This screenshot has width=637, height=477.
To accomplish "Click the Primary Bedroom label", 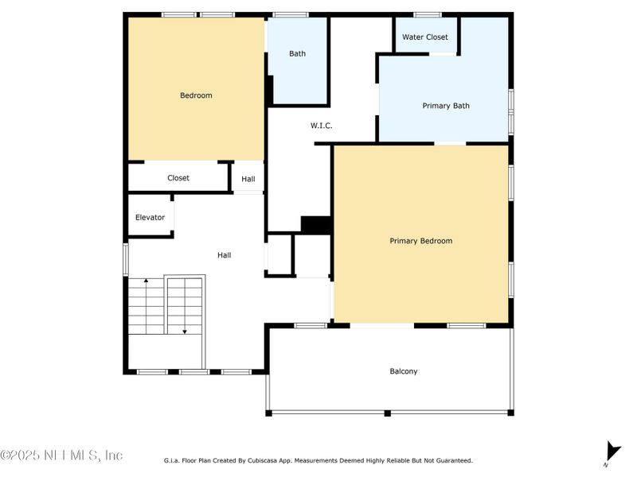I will [x=420, y=241].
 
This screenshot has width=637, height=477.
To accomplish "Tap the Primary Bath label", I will [x=445, y=106].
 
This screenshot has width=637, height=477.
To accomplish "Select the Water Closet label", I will [x=424, y=37].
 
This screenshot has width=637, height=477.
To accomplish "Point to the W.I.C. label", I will [x=321, y=126].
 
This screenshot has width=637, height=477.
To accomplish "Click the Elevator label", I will [x=150, y=217].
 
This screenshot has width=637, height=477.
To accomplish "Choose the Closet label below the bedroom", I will [x=178, y=178].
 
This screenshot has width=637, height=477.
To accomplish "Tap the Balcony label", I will [x=403, y=371].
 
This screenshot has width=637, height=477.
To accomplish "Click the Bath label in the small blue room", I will [x=297, y=54].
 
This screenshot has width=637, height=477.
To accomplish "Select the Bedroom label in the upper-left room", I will [x=196, y=95].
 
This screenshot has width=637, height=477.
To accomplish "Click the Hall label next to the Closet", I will [x=248, y=179].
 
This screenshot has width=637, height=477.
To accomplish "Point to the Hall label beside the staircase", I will [x=225, y=255].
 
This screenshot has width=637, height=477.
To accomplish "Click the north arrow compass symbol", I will [x=612, y=451].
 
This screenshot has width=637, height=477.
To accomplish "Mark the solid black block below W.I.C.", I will [x=316, y=225].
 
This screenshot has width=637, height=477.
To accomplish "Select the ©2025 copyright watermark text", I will [x=61, y=456].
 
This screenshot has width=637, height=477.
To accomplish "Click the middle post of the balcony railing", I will [x=387, y=413].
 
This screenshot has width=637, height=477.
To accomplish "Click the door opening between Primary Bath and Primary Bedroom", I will [x=450, y=143].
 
